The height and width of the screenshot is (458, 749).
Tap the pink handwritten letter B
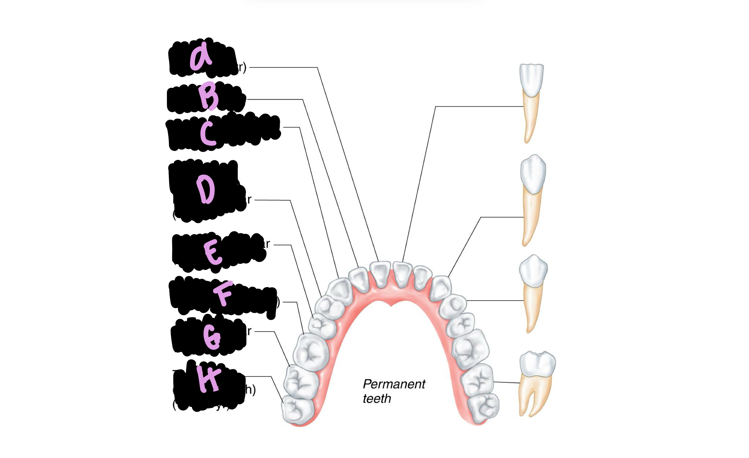click(x=208, y=96)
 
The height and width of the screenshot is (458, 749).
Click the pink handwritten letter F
click(x=223, y=293)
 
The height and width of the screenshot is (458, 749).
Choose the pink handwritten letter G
click(x=212, y=337)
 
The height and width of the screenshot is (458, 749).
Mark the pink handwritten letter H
click(x=209, y=379)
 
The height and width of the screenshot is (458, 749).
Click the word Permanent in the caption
click(x=394, y=384)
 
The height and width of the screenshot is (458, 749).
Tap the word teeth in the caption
click(x=377, y=398)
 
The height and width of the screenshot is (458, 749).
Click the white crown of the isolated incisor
click(x=531, y=79)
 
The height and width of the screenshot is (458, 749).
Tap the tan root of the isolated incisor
click(x=530, y=117)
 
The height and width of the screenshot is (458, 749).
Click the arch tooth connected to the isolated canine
click(x=441, y=288)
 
